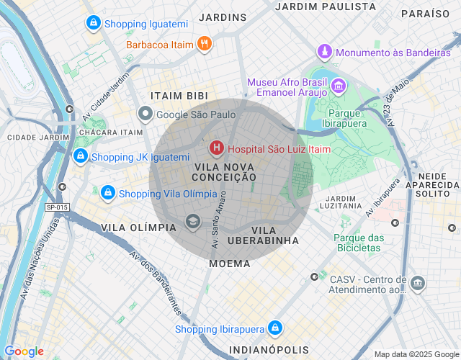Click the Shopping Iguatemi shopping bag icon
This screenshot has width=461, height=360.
pos(92,24)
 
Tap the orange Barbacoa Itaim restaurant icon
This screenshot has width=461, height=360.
pos(205,45)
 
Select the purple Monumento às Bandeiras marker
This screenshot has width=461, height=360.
pos(326,53)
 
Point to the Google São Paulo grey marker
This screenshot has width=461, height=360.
pos(146,114)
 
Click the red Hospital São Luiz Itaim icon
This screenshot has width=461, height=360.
pos(216,149)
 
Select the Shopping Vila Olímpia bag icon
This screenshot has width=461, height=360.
pos(107,193)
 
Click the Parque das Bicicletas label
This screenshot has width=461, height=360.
pos(359,243)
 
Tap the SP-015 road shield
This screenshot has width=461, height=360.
pos(57,207)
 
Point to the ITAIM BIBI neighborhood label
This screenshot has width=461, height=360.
pos(179,96)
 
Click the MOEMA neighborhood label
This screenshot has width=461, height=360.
pos(230,264)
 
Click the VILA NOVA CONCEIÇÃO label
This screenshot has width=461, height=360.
pos(225,171)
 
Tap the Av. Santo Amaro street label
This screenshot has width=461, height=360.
pos(219,220)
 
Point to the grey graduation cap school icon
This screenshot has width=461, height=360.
pos(192,221)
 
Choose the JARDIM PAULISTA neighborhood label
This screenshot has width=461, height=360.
pos(326,6)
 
